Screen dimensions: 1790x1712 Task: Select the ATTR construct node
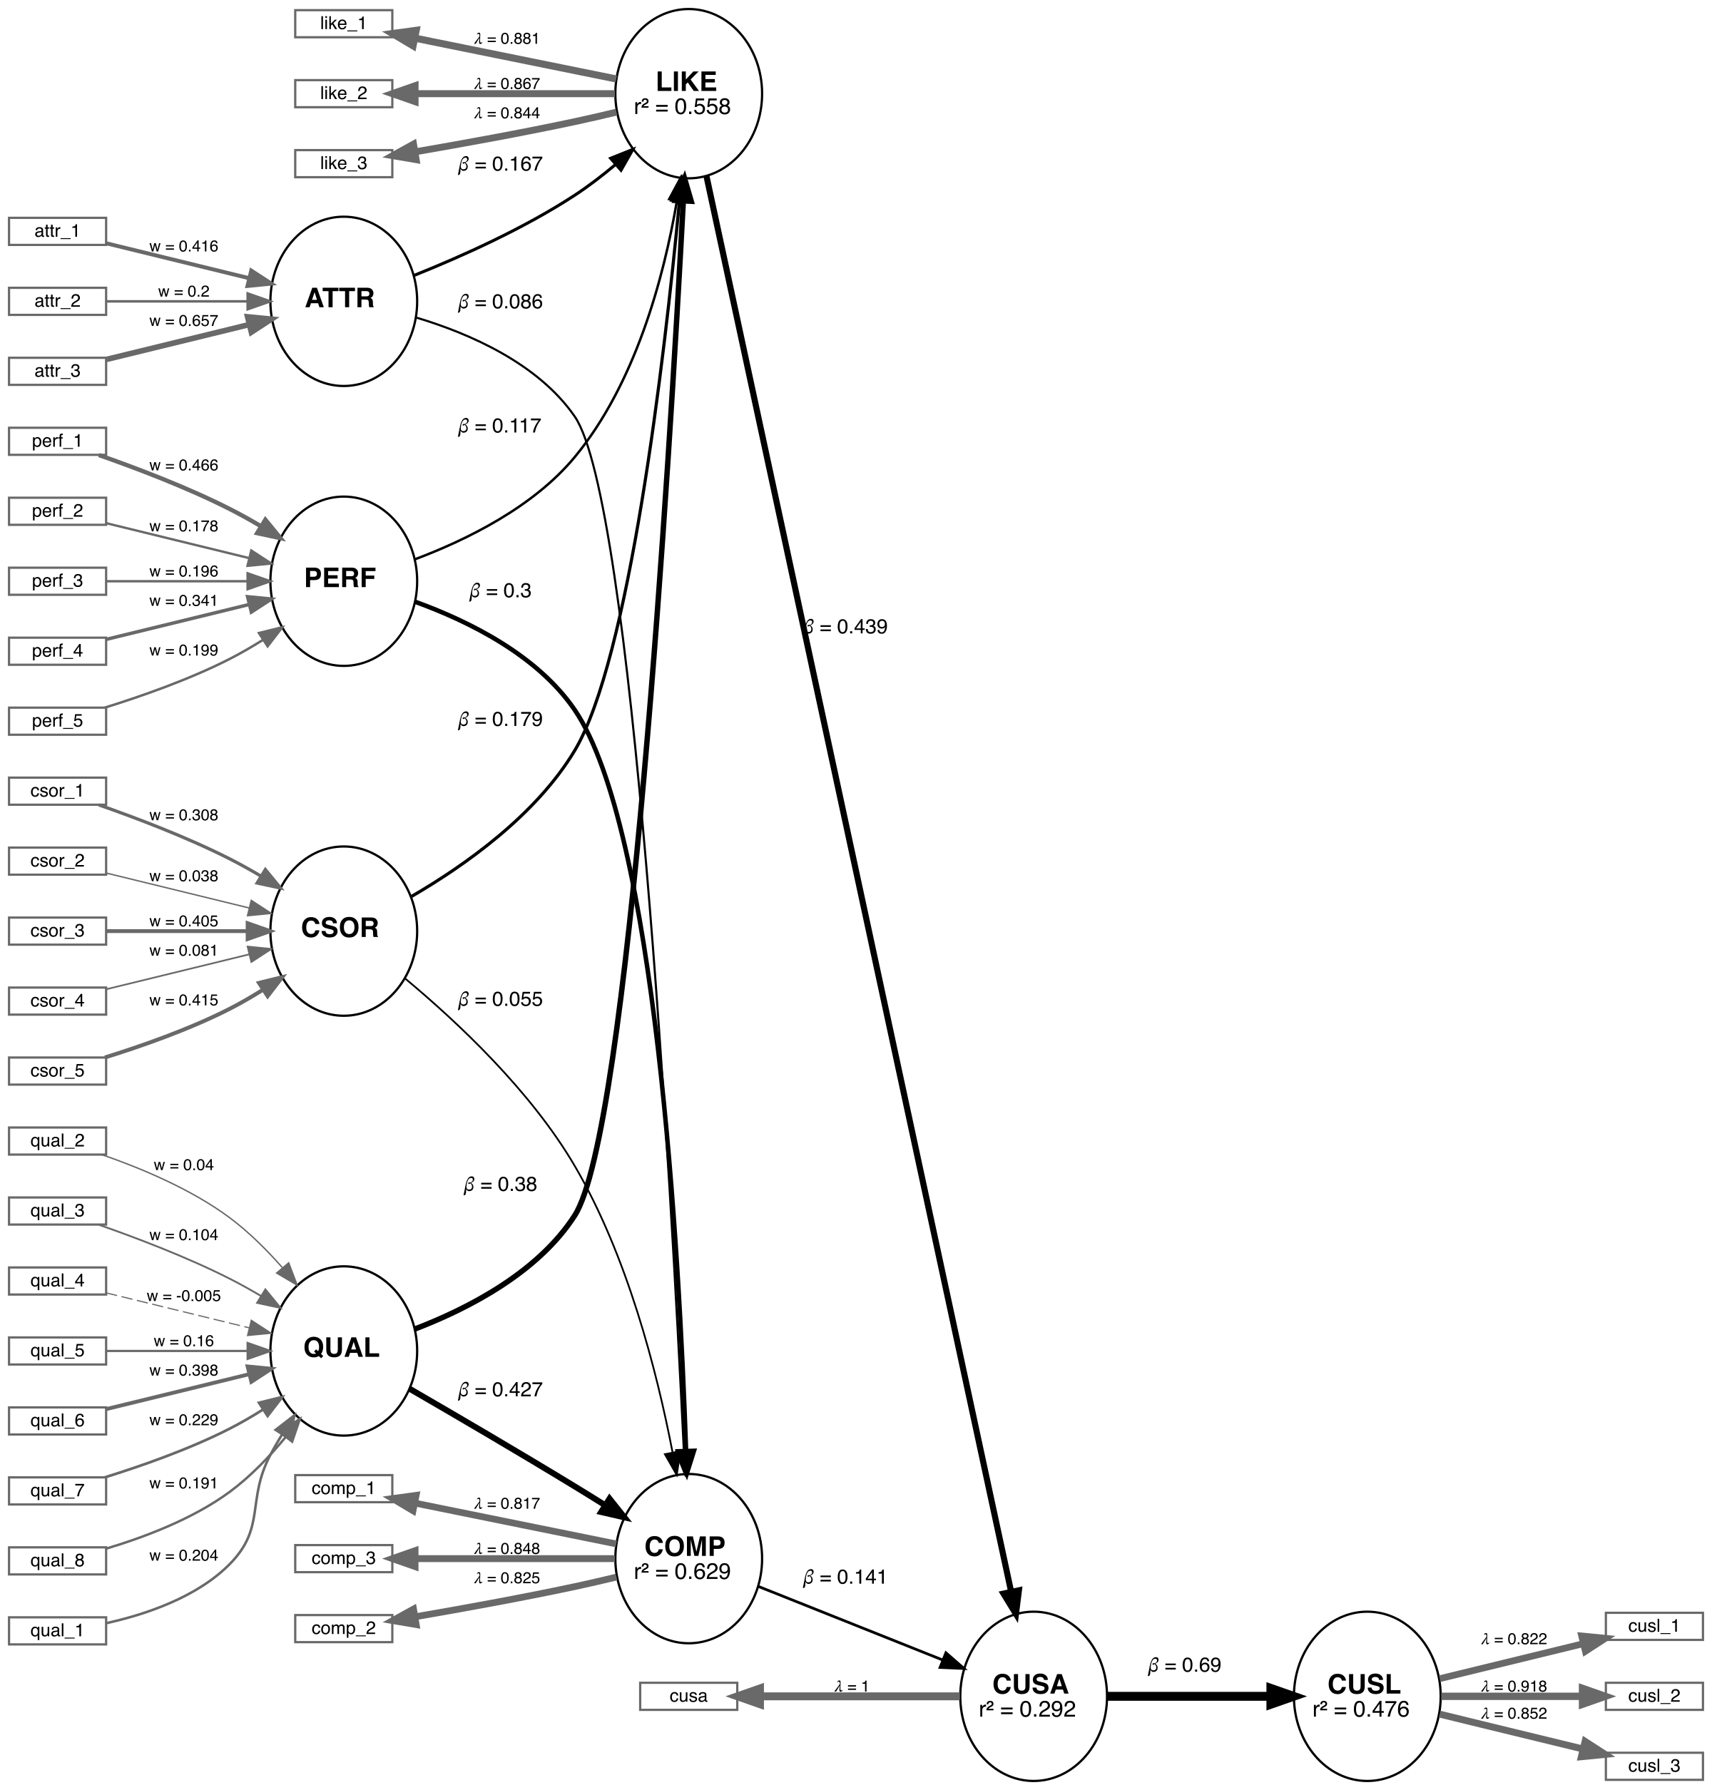click(x=343, y=301)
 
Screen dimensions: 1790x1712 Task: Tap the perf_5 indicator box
click(x=58, y=721)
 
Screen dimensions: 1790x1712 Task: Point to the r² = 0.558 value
click(x=683, y=108)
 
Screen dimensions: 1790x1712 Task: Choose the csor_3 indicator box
click(x=58, y=931)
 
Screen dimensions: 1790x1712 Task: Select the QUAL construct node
click(x=343, y=1350)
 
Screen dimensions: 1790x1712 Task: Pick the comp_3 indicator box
click(x=343, y=1558)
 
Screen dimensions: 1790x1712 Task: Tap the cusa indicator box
click(x=688, y=1696)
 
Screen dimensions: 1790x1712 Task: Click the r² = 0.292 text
click(x=1028, y=1709)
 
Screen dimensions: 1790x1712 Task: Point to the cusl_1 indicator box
click(x=1654, y=1627)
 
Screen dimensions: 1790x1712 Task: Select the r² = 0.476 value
click(x=1360, y=1709)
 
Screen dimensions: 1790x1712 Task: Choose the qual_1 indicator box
click(x=58, y=1630)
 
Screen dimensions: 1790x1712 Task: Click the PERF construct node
click(x=343, y=581)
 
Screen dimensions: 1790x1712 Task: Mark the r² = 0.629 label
click(x=683, y=1572)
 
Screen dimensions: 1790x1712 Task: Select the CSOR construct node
click(x=343, y=931)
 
